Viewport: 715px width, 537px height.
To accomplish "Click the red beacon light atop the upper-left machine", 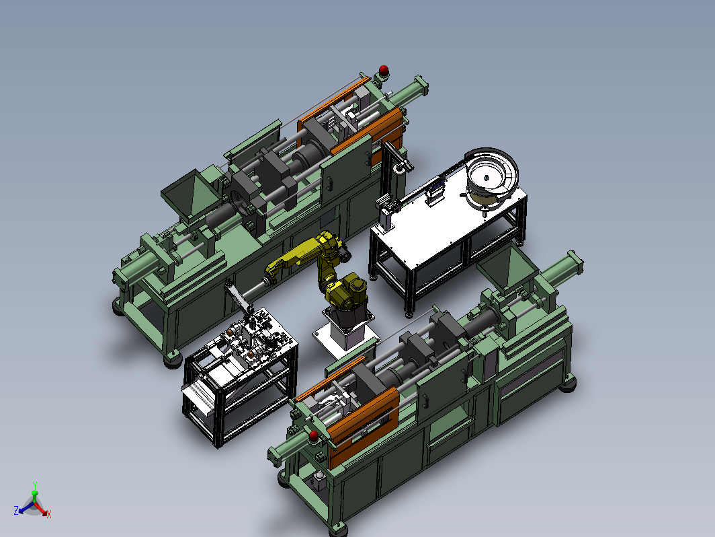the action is [x=384, y=69].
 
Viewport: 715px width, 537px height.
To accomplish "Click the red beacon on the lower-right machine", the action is [x=314, y=435].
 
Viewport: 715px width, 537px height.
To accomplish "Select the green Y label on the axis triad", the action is [x=35, y=485].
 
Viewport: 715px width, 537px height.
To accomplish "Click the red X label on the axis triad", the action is [x=49, y=515].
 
